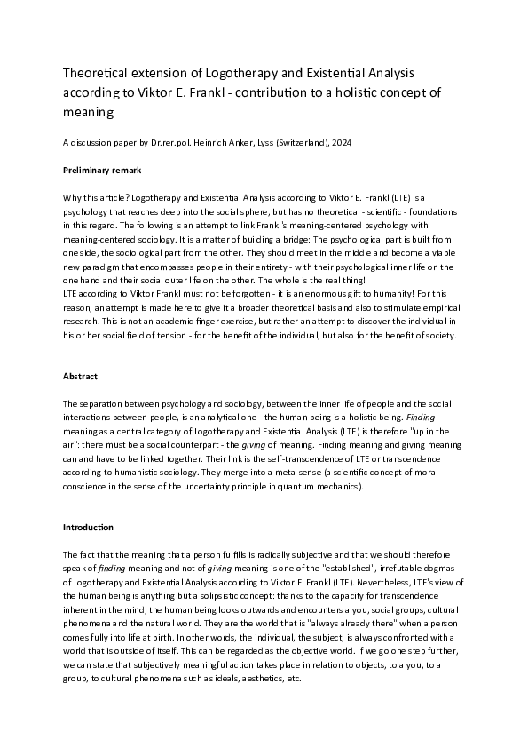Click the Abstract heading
(x=80, y=376)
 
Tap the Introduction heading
(x=88, y=527)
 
